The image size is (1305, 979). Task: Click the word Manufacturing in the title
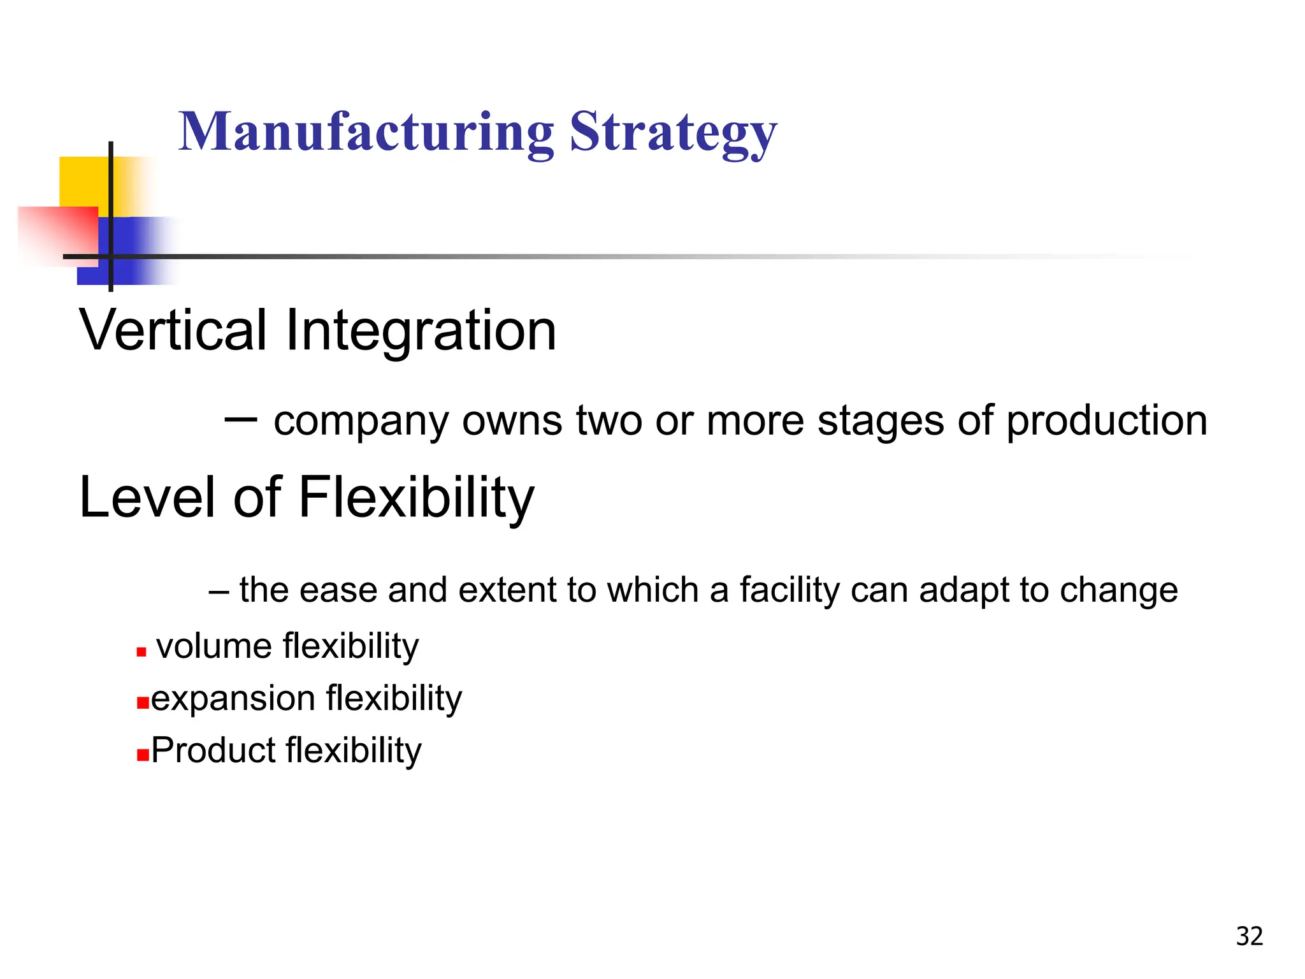pos(366,132)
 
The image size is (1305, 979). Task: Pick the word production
pos(1107,423)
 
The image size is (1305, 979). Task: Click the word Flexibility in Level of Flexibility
pos(416,498)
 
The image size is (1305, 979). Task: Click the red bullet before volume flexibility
pos(141,652)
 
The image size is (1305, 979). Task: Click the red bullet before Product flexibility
pos(143,756)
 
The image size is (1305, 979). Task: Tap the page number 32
pos(1249,936)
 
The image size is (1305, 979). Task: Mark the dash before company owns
pos(241,419)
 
